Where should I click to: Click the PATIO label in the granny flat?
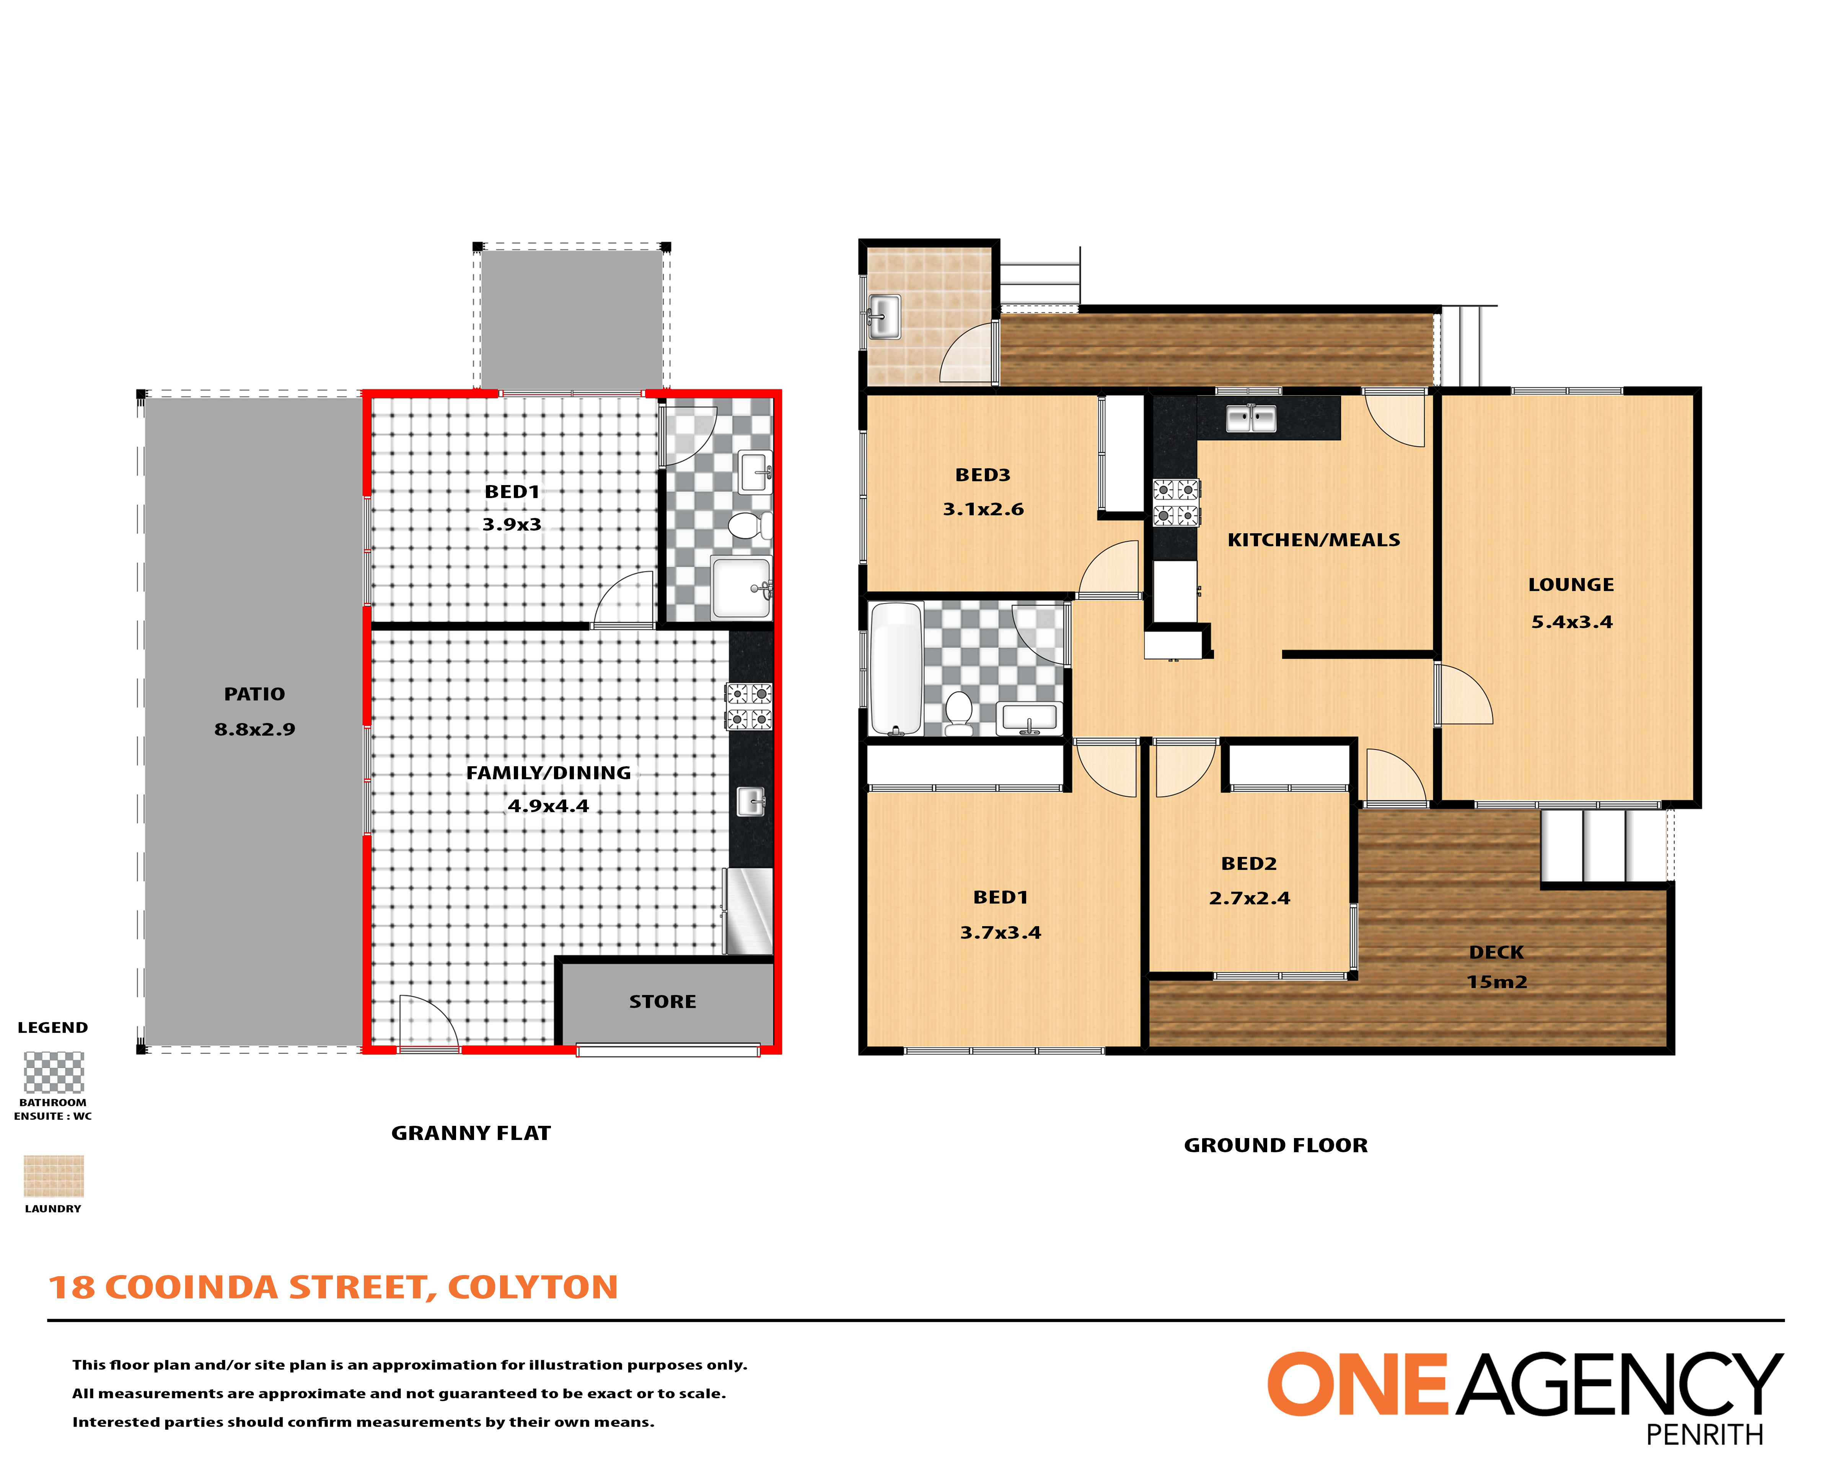point(255,694)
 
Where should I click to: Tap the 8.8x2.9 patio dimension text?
point(255,729)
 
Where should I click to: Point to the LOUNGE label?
point(1571,585)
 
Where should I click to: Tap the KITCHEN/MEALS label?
point(1314,540)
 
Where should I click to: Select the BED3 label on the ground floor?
point(983,475)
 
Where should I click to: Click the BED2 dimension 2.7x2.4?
point(1250,898)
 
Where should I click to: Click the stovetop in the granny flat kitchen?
point(749,706)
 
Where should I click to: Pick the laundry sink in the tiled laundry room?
point(883,317)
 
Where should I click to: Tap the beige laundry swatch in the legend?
point(54,1176)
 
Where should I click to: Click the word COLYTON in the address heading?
point(533,1288)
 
